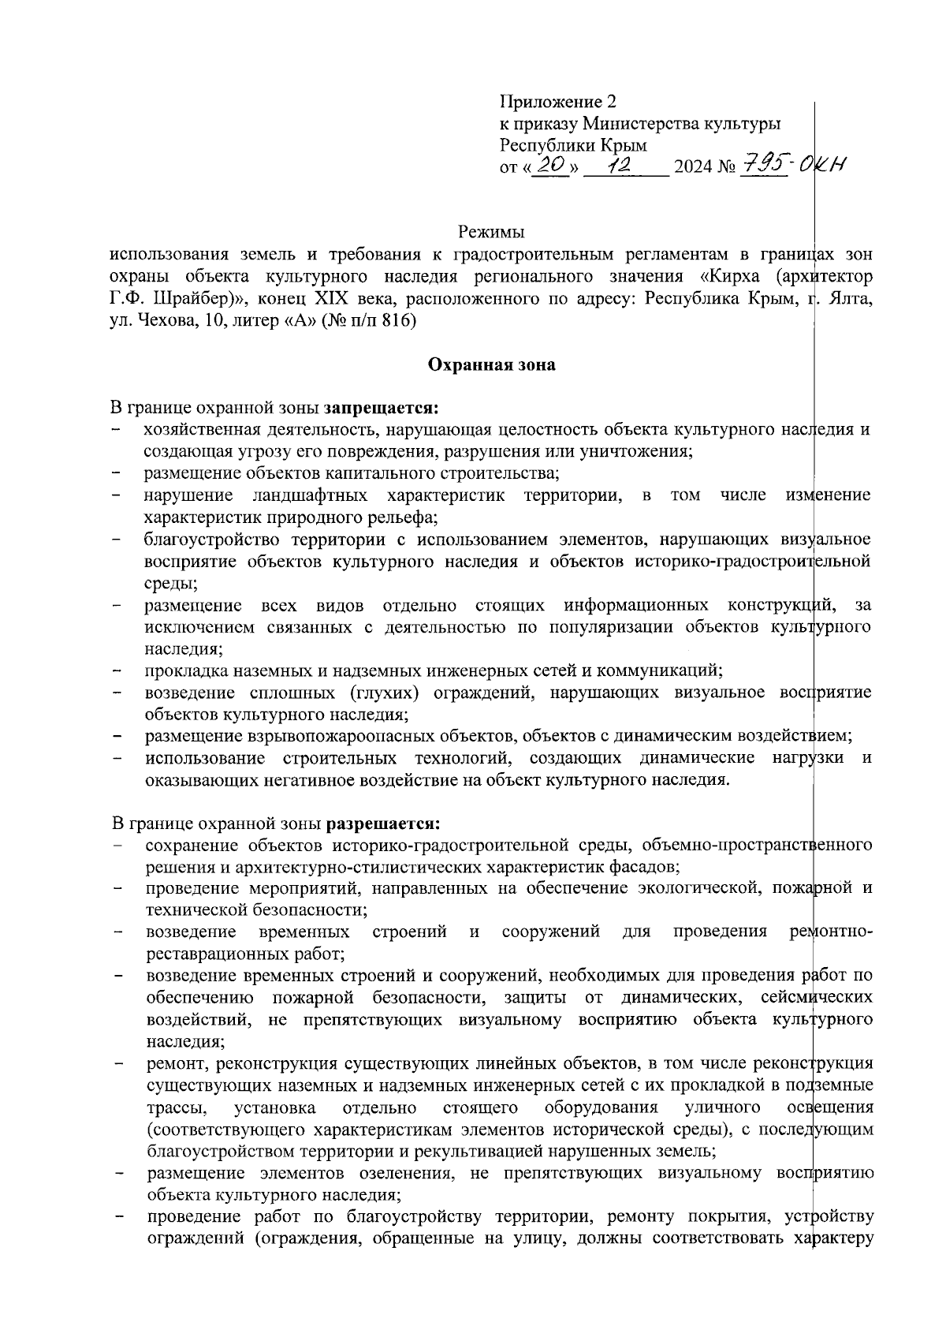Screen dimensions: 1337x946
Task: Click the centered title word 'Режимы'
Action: pos(491,233)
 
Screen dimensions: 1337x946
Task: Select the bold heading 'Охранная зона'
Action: pos(491,364)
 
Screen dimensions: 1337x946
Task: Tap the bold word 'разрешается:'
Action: pos(383,823)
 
